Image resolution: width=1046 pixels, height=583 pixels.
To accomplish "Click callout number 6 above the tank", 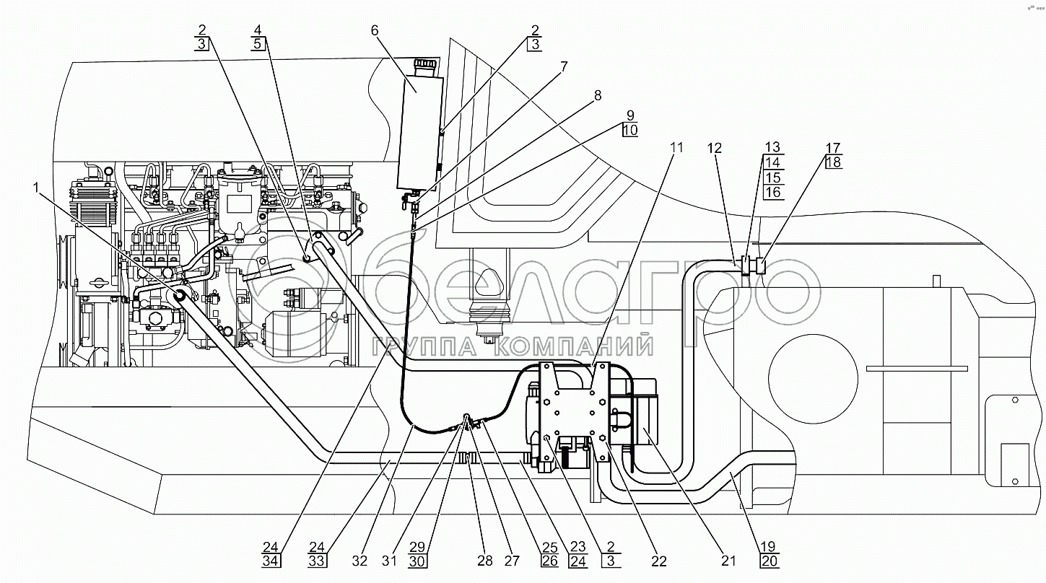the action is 375,31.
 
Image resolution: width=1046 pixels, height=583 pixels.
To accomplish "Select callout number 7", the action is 564,67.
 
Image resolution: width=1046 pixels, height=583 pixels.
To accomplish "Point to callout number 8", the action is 598,95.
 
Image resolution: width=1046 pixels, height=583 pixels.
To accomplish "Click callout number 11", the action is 676,147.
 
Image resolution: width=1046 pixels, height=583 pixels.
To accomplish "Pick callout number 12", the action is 715,148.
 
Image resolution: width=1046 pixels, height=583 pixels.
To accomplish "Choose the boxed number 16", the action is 773,192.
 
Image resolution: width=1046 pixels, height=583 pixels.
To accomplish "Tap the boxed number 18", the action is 834,162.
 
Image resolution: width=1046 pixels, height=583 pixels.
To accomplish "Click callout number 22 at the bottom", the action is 659,561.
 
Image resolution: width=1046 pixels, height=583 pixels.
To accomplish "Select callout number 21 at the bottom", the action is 728,561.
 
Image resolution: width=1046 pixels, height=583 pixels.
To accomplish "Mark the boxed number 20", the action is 769,561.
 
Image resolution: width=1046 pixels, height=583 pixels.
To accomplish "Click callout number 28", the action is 485,561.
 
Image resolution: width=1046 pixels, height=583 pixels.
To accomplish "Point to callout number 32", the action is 359,561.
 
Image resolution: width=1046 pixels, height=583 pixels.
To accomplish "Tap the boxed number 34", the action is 271,561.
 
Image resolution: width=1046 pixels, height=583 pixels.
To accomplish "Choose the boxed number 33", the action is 317,561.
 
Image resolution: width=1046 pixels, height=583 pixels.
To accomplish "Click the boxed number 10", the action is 630,130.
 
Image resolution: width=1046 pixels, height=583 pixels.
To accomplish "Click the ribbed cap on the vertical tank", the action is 427,64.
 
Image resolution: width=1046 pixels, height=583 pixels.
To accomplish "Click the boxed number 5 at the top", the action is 258,44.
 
